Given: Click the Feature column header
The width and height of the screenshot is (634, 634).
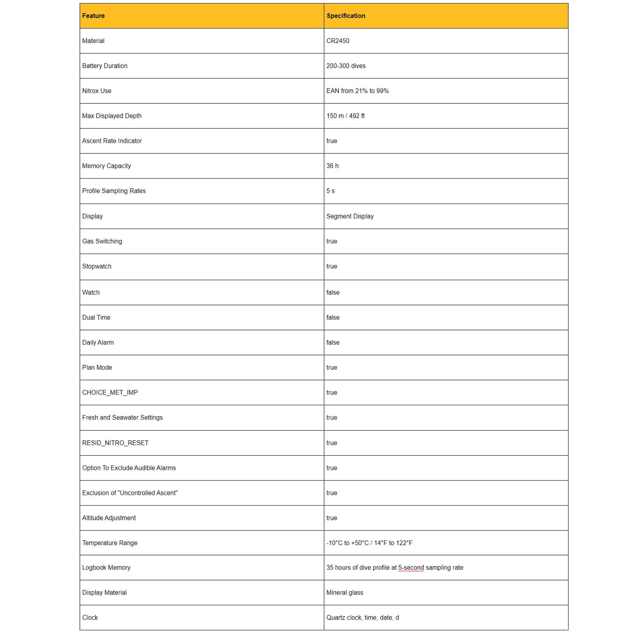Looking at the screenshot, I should (93, 16).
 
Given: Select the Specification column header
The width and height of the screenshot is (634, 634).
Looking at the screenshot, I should (346, 16).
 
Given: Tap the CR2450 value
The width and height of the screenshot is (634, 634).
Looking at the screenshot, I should (338, 41).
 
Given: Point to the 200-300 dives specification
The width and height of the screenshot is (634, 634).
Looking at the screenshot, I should (346, 66).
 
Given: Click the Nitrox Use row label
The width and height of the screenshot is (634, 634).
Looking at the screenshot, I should (96, 91).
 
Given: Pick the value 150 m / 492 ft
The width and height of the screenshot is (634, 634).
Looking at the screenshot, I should (345, 116).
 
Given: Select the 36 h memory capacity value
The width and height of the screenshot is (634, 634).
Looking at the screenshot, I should (332, 166).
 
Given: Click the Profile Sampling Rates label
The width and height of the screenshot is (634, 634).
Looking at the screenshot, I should (113, 191).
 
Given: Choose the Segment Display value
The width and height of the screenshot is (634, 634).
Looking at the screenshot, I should (350, 216).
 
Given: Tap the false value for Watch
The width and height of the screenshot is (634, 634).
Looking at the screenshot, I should (333, 292).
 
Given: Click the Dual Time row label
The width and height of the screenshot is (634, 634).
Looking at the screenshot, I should (96, 317).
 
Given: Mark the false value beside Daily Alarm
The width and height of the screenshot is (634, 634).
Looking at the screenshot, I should (333, 342).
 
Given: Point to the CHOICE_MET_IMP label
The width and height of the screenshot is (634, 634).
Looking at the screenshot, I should (110, 392).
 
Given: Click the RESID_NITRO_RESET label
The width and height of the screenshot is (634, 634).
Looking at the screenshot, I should (115, 443).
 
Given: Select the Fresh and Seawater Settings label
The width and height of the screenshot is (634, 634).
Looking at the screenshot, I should (122, 417).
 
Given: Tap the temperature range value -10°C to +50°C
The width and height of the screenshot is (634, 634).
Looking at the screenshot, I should (369, 543).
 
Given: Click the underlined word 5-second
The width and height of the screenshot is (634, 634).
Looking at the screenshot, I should (411, 568).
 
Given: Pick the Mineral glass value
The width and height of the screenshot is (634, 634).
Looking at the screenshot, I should (345, 593).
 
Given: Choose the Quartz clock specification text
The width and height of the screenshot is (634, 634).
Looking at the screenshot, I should (362, 618).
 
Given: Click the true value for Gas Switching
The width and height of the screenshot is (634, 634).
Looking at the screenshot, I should (332, 241).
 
